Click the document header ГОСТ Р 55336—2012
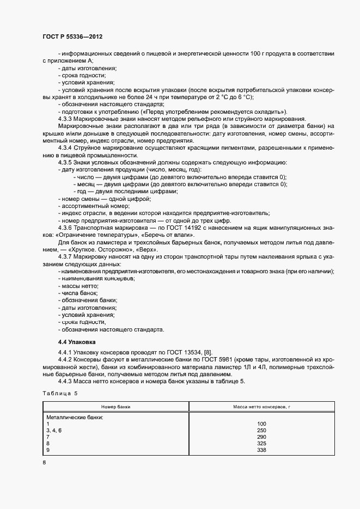pos(72,36)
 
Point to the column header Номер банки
pos(115,407)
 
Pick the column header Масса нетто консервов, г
pos(261,407)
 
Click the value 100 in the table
pos(261,424)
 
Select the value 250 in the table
pos(261,430)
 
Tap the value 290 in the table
pos(261,437)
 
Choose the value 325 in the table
pos(261,444)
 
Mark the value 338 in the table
pos(261,450)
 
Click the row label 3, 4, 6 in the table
pos(55,430)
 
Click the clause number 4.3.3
pos(65,119)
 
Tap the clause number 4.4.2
pos(65,360)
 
